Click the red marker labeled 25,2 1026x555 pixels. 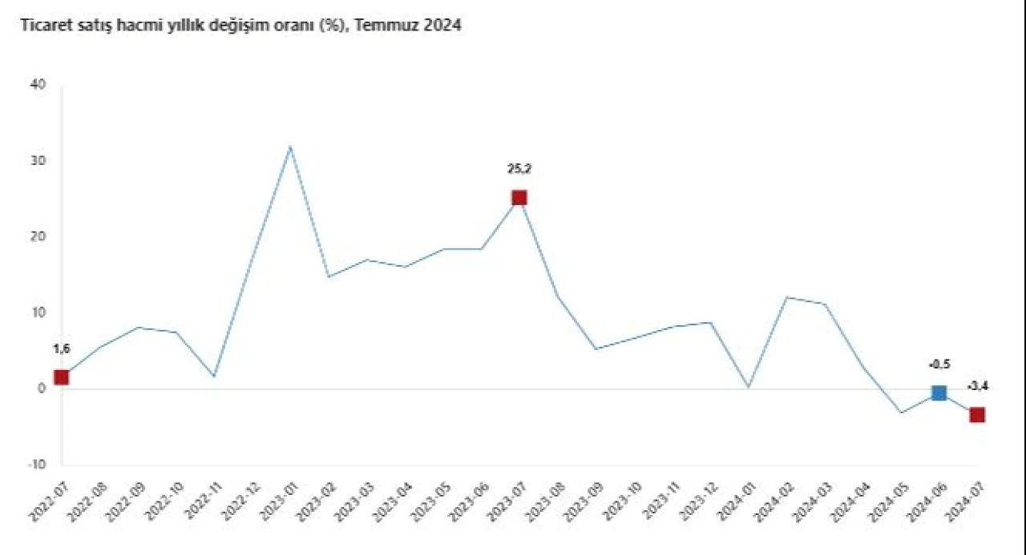[x=519, y=198]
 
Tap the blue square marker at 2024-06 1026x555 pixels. [x=939, y=392]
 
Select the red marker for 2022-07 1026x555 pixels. [x=61, y=377]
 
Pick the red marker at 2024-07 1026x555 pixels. [x=977, y=415]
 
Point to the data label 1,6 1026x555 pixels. [x=62, y=348]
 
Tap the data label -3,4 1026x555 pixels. [x=977, y=387]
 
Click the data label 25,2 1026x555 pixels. [x=519, y=169]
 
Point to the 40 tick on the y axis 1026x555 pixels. [x=38, y=85]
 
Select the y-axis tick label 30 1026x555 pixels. [x=38, y=161]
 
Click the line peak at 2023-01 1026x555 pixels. [x=290, y=147]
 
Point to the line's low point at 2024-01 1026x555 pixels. [x=748, y=387]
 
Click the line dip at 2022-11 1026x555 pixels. [x=214, y=376]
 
